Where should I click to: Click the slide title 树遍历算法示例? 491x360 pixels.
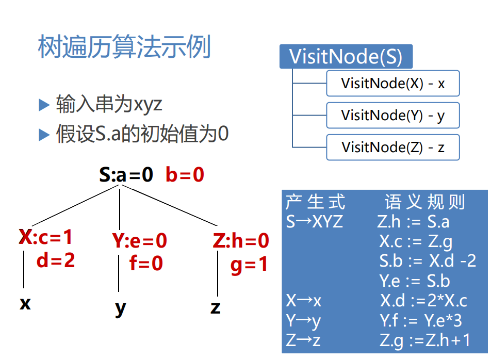click(124, 48)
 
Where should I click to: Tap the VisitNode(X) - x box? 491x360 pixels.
click(392, 84)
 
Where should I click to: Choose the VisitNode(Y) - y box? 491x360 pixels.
click(392, 116)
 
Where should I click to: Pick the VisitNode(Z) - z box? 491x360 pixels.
click(392, 148)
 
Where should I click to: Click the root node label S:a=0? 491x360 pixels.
click(126, 175)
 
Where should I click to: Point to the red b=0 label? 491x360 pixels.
click(185, 175)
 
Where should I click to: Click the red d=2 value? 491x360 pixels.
click(56, 260)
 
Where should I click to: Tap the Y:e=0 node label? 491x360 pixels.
click(140, 240)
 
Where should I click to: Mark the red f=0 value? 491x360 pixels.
click(146, 264)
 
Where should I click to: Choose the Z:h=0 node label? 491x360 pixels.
click(241, 240)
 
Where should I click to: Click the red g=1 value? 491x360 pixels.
click(249, 264)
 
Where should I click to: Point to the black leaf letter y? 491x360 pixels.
click(120, 308)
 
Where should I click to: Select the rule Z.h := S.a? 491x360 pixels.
click(414, 222)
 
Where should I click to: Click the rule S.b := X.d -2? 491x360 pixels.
click(428, 261)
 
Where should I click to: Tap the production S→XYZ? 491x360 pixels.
click(315, 222)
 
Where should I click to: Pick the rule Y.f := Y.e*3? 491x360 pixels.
click(421, 321)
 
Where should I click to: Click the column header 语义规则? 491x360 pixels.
click(425, 202)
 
